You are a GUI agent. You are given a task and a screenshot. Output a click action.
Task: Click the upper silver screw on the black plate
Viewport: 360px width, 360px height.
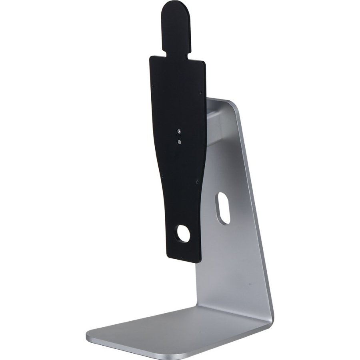[180, 131]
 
